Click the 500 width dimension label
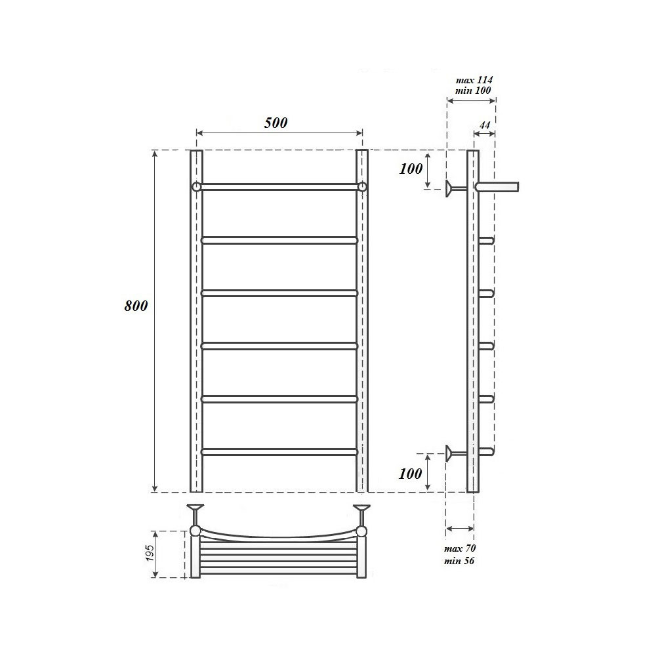[x=276, y=123]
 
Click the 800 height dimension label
[x=136, y=306]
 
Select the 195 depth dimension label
[x=150, y=553]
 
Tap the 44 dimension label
[x=485, y=125]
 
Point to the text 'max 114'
[x=474, y=80]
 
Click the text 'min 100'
[x=473, y=91]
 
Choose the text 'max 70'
[x=460, y=548]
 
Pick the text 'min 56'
[x=459, y=561]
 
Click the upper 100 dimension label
[x=411, y=169]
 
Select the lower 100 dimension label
[x=410, y=474]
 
